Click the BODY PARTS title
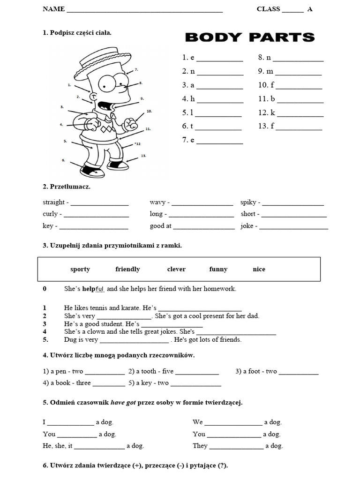point(249,37)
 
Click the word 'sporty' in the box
point(80,269)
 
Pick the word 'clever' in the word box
point(176,269)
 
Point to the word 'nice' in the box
point(259,269)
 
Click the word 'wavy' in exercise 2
point(157,202)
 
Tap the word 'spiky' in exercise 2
point(248,202)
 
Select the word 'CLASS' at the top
point(268,9)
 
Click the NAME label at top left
point(53,9)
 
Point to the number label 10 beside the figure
point(149,112)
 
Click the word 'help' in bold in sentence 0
point(89,289)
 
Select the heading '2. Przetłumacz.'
point(66,187)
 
